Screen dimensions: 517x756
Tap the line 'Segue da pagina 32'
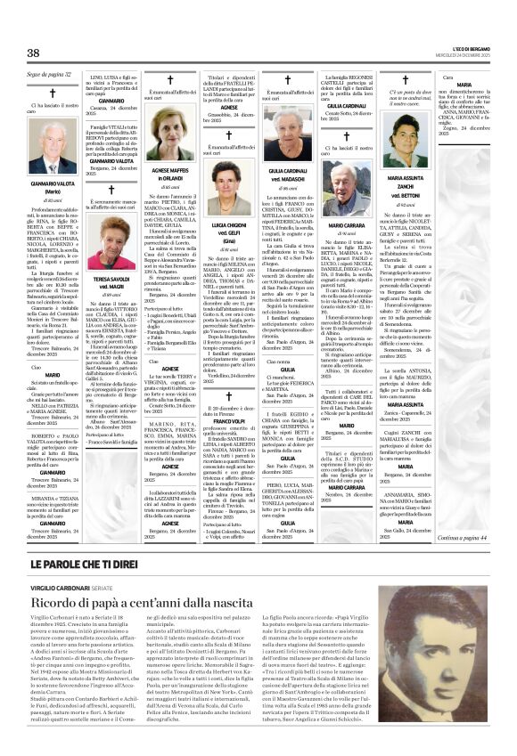point(50,73)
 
